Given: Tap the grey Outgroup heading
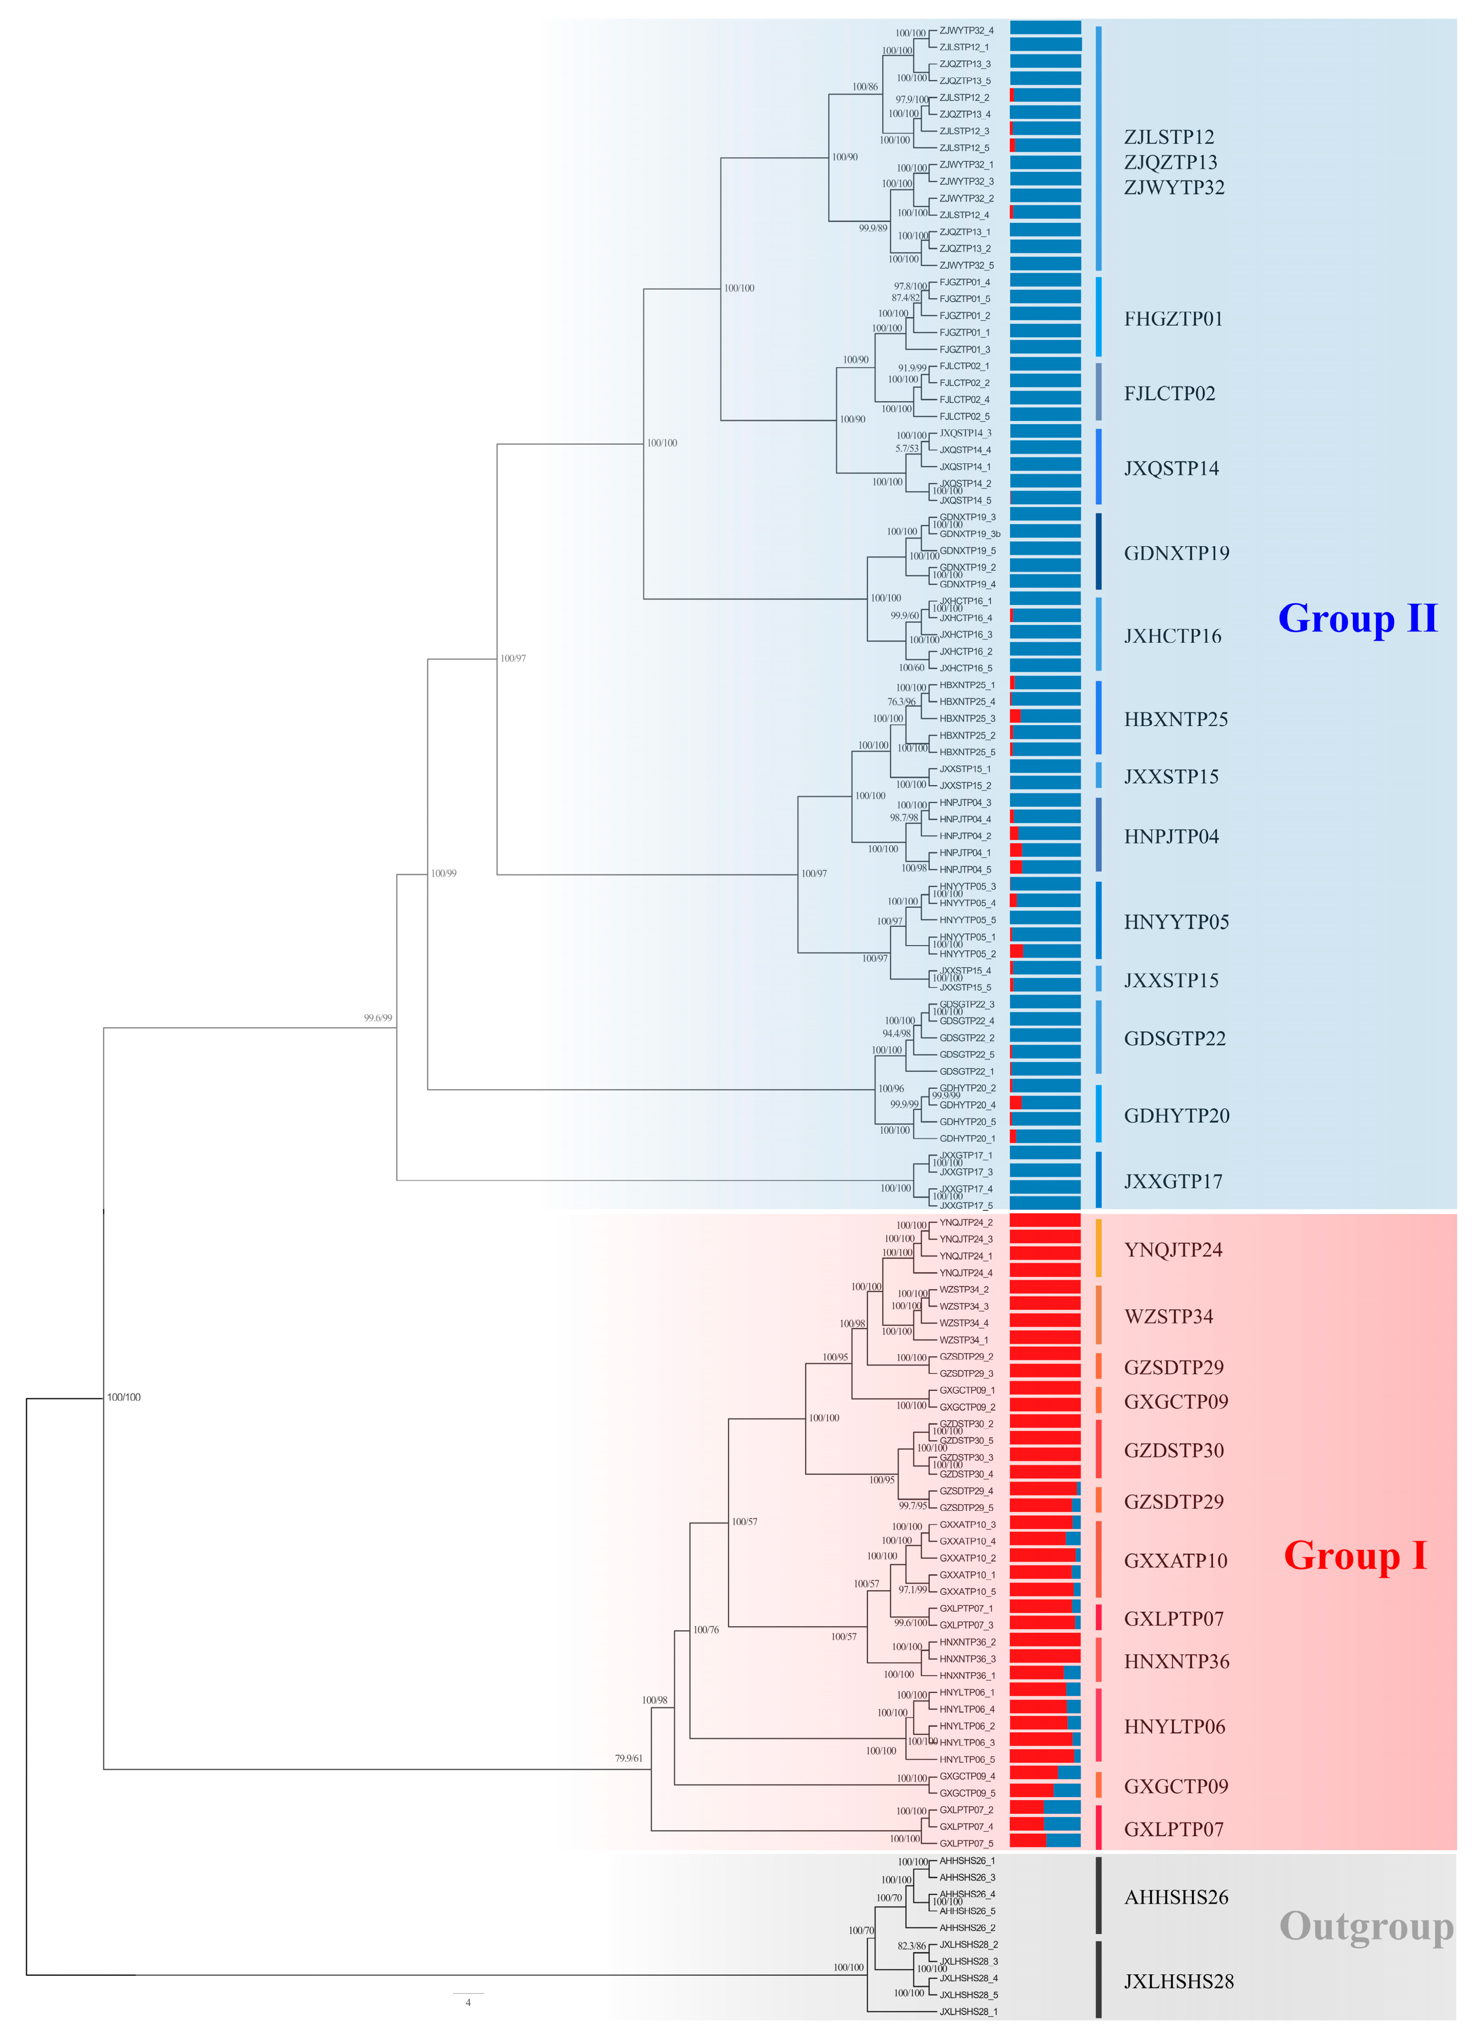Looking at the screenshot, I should pos(1366,1926).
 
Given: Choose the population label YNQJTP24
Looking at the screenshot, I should pos(1173,1250).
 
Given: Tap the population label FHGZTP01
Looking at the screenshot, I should pos(1173,319).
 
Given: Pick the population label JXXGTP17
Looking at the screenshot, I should pos(1173,1182).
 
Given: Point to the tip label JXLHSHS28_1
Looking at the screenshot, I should pos(968,2012).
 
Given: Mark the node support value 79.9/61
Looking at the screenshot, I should pos(628,1758).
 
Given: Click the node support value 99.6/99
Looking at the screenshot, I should pos(377,1018).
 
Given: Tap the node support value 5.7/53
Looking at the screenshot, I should pos(907,449).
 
